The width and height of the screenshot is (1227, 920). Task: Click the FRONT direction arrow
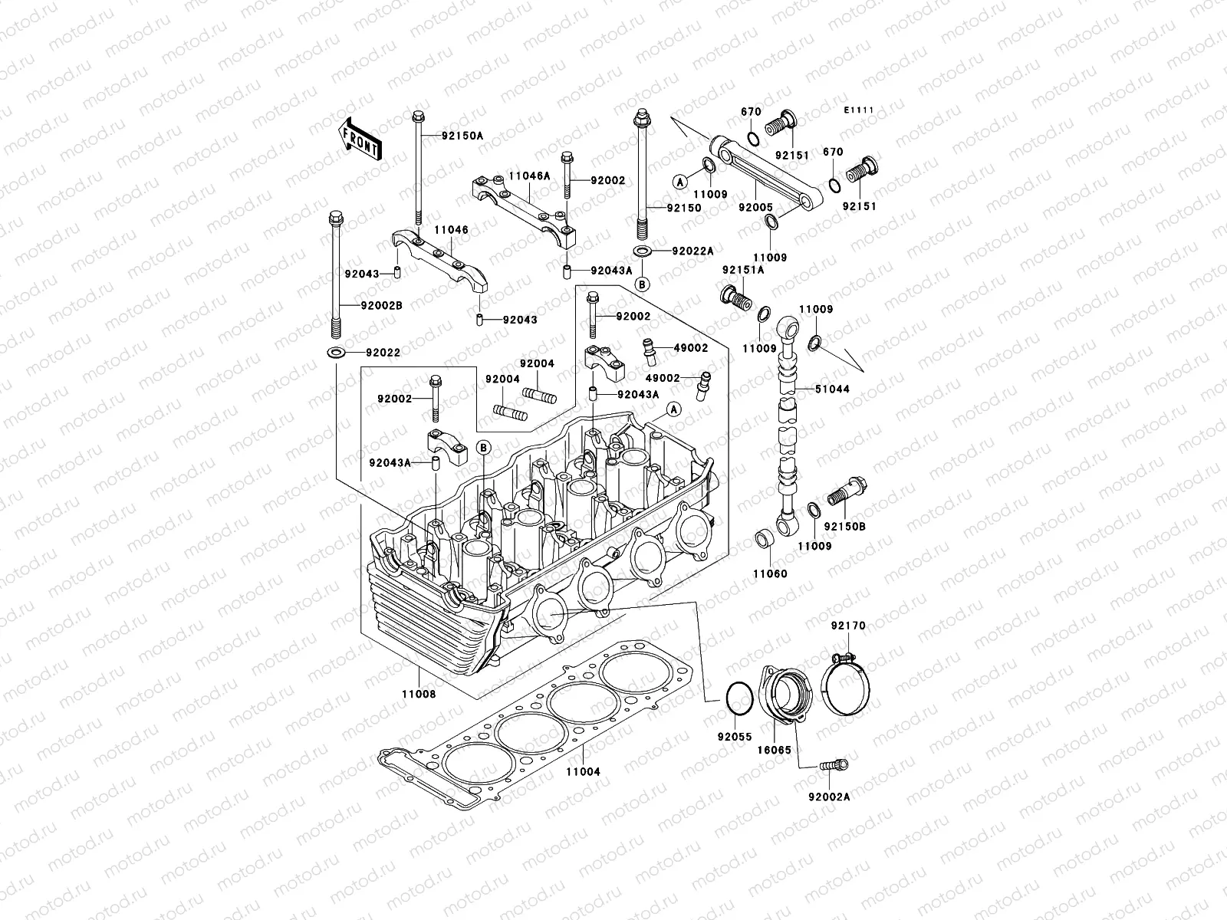click(361, 139)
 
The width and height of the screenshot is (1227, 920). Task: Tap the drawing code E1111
click(860, 110)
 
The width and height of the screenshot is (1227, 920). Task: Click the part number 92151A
click(742, 270)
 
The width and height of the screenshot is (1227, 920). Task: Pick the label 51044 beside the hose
click(833, 389)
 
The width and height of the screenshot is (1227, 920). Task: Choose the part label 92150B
click(844, 527)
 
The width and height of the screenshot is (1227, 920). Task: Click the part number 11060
click(769, 573)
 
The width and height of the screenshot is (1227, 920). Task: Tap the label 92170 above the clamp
click(847, 626)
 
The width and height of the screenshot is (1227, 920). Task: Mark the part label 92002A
click(828, 797)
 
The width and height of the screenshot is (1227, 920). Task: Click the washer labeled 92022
click(335, 353)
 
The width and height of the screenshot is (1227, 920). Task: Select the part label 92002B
click(381, 305)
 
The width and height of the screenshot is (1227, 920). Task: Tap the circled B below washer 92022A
click(643, 284)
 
